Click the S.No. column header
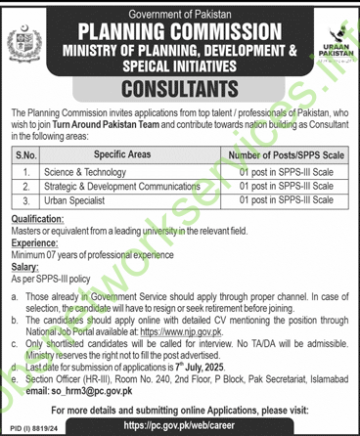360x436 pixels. tap(28, 154)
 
